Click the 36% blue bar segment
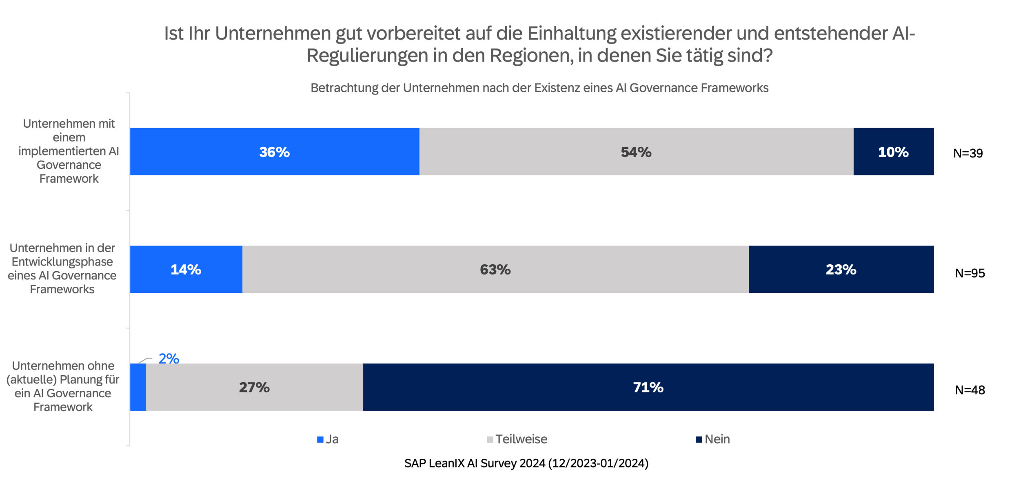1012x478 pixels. click(274, 152)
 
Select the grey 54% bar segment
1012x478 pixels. click(636, 152)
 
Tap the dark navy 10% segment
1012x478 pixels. click(893, 152)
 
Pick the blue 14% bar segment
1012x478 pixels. click(186, 269)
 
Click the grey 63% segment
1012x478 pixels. click(495, 269)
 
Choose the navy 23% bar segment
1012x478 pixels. click(841, 269)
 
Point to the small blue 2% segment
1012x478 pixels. click(138, 387)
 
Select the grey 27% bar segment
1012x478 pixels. click(254, 387)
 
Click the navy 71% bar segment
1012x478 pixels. click(648, 387)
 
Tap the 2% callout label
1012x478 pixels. click(169, 358)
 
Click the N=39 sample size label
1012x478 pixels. click(968, 153)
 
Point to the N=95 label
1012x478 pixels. click(970, 273)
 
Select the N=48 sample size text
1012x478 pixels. click(970, 390)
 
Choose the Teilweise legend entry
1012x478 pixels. click(517, 439)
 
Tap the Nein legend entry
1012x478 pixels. click(713, 439)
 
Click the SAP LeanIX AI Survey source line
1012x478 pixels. click(526, 463)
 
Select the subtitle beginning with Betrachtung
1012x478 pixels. click(539, 88)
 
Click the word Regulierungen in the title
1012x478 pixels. click(367, 55)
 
